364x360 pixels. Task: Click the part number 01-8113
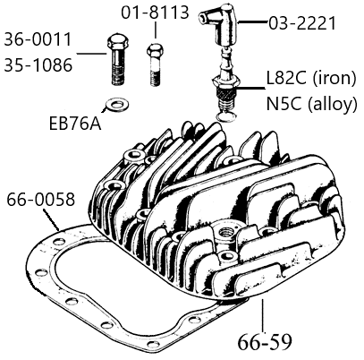coord(155,13)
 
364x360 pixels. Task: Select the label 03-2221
coord(302,23)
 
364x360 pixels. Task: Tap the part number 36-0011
coord(38,39)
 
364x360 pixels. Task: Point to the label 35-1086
coord(38,64)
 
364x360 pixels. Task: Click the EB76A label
coord(75,124)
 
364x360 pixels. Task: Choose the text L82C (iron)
coord(311,80)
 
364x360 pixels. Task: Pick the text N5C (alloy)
coord(311,104)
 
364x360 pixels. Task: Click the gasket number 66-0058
coord(41,199)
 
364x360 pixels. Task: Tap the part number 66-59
coord(265,342)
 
